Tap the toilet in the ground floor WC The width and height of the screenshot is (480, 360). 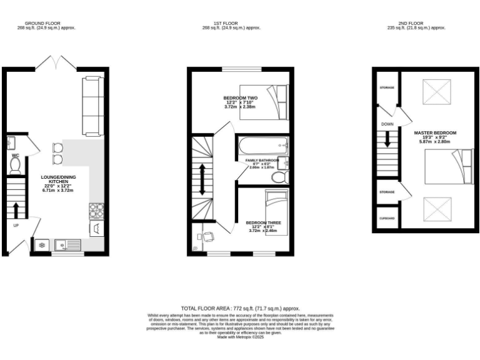coord(16,164)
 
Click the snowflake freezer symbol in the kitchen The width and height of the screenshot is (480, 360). coord(42,245)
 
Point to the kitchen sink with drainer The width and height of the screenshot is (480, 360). coord(66,244)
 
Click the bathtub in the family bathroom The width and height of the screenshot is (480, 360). coord(262,147)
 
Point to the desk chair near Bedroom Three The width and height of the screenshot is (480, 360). coord(208,237)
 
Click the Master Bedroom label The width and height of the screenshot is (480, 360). coord(435,133)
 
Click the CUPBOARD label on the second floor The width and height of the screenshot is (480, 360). coord(387,218)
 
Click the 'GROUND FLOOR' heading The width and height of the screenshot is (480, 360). coord(47,23)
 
